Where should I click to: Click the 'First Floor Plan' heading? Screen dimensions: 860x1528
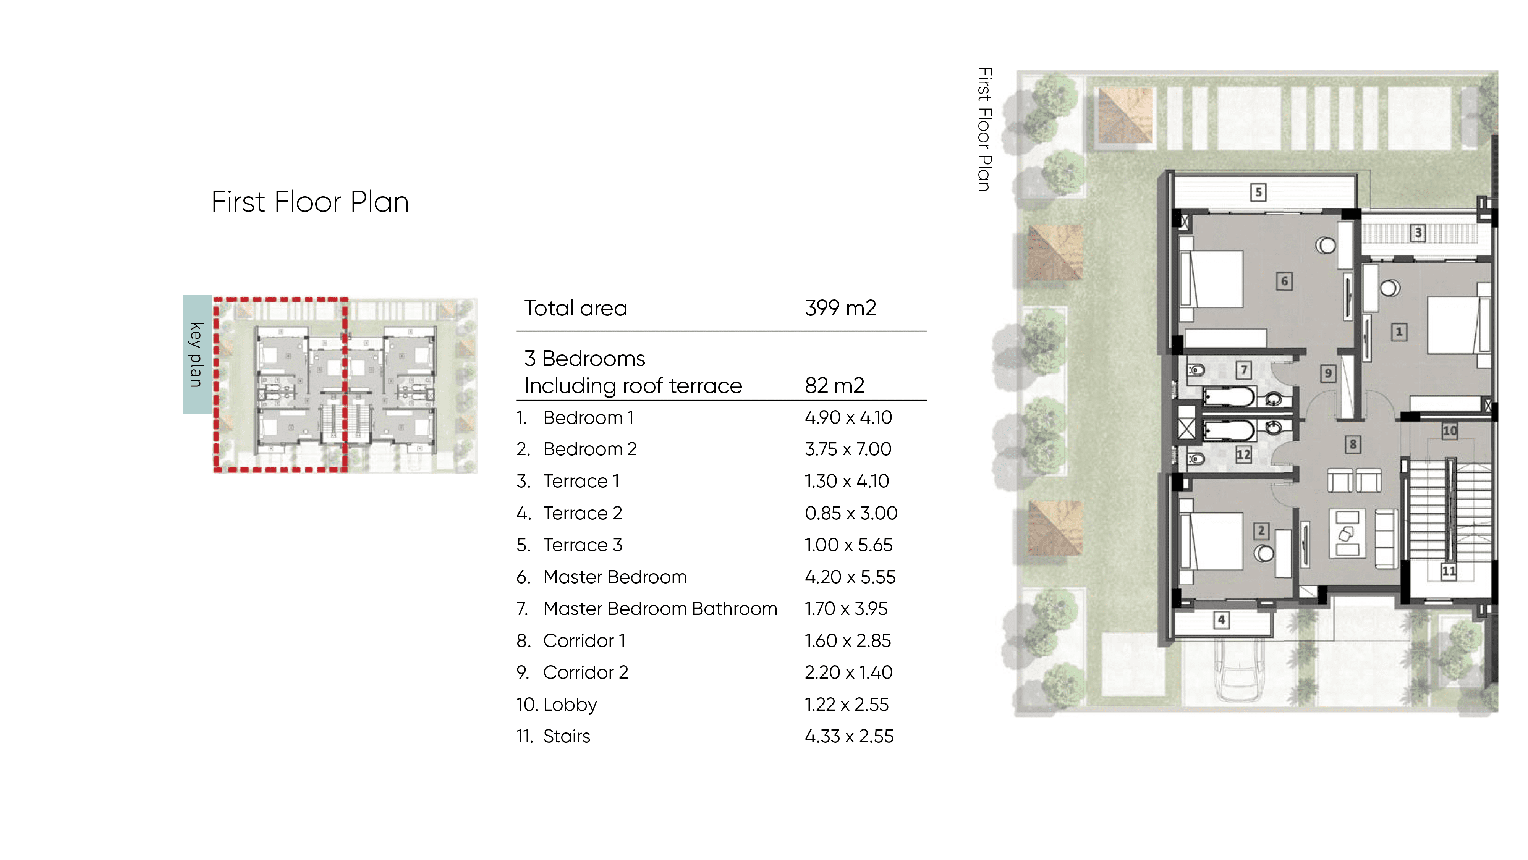point(310,202)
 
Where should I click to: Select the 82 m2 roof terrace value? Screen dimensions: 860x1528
point(834,386)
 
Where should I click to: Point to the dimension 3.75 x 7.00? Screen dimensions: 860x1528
point(848,449)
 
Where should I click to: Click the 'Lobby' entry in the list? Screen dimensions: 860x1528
point(570,705)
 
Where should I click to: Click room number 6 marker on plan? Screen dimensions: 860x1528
point(1284,281)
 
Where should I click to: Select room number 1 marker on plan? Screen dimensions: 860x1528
point(1399,331)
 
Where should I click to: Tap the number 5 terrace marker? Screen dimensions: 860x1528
point(1258,192)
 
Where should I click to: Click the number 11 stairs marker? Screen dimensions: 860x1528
point(1449,572)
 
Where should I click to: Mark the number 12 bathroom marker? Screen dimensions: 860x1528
point(1243,455)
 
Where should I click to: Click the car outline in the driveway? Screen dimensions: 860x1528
point(1237,673)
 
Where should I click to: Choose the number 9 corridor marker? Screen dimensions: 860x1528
point(1328,373)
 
